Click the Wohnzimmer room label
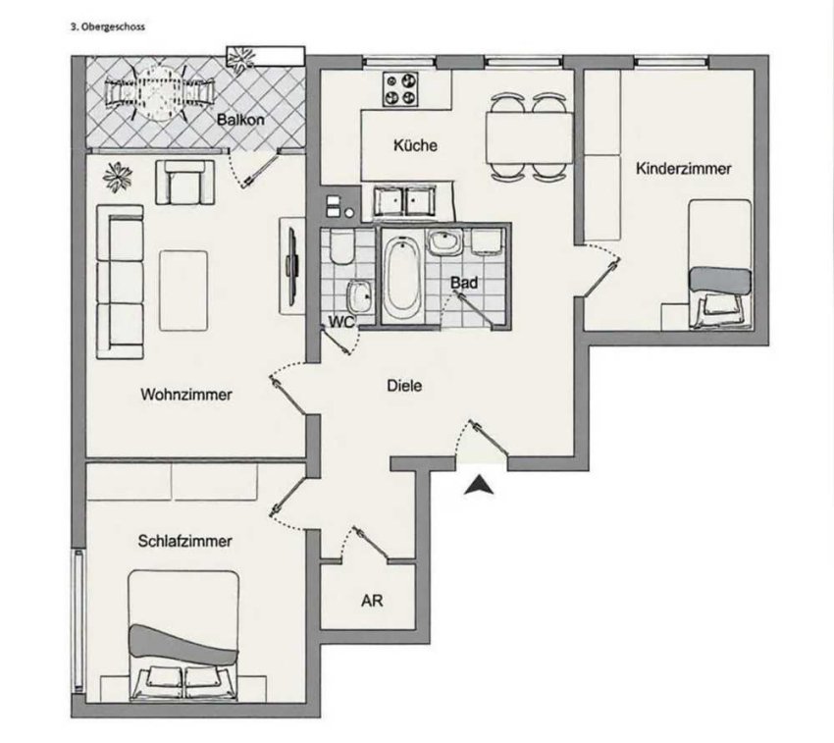tap(186, 395)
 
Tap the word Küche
tap(415, 144)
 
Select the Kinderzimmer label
tap(684, 169)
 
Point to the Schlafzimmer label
tap(185, 541)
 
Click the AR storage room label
tap(372, 601)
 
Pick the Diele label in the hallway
tap(404, 386)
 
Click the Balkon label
tap(240, 119)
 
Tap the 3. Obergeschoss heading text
tap(108, 27)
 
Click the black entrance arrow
tap(479, 485)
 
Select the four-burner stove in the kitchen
tap(400, 89)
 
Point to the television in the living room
tap(291, 265)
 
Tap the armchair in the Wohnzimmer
tap(185, 182)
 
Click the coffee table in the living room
tap(183, 292)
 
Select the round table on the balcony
tap(160, 92)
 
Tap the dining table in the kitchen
tap(529, 137)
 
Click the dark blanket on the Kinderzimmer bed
tap(720, 281)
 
